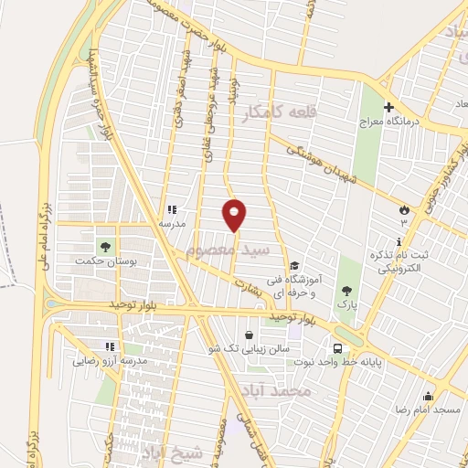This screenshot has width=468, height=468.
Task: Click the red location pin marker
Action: tap(235, 214)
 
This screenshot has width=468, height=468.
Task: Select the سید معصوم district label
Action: tap(229, 249)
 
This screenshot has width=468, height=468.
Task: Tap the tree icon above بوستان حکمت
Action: tap(105, 246)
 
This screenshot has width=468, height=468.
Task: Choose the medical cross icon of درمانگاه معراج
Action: tap(388, 107)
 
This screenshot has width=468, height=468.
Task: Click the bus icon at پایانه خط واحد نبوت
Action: tap(337, 348)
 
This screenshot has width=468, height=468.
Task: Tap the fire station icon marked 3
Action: tap(403, 210)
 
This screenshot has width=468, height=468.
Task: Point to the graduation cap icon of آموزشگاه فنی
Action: tap(294, 266)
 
